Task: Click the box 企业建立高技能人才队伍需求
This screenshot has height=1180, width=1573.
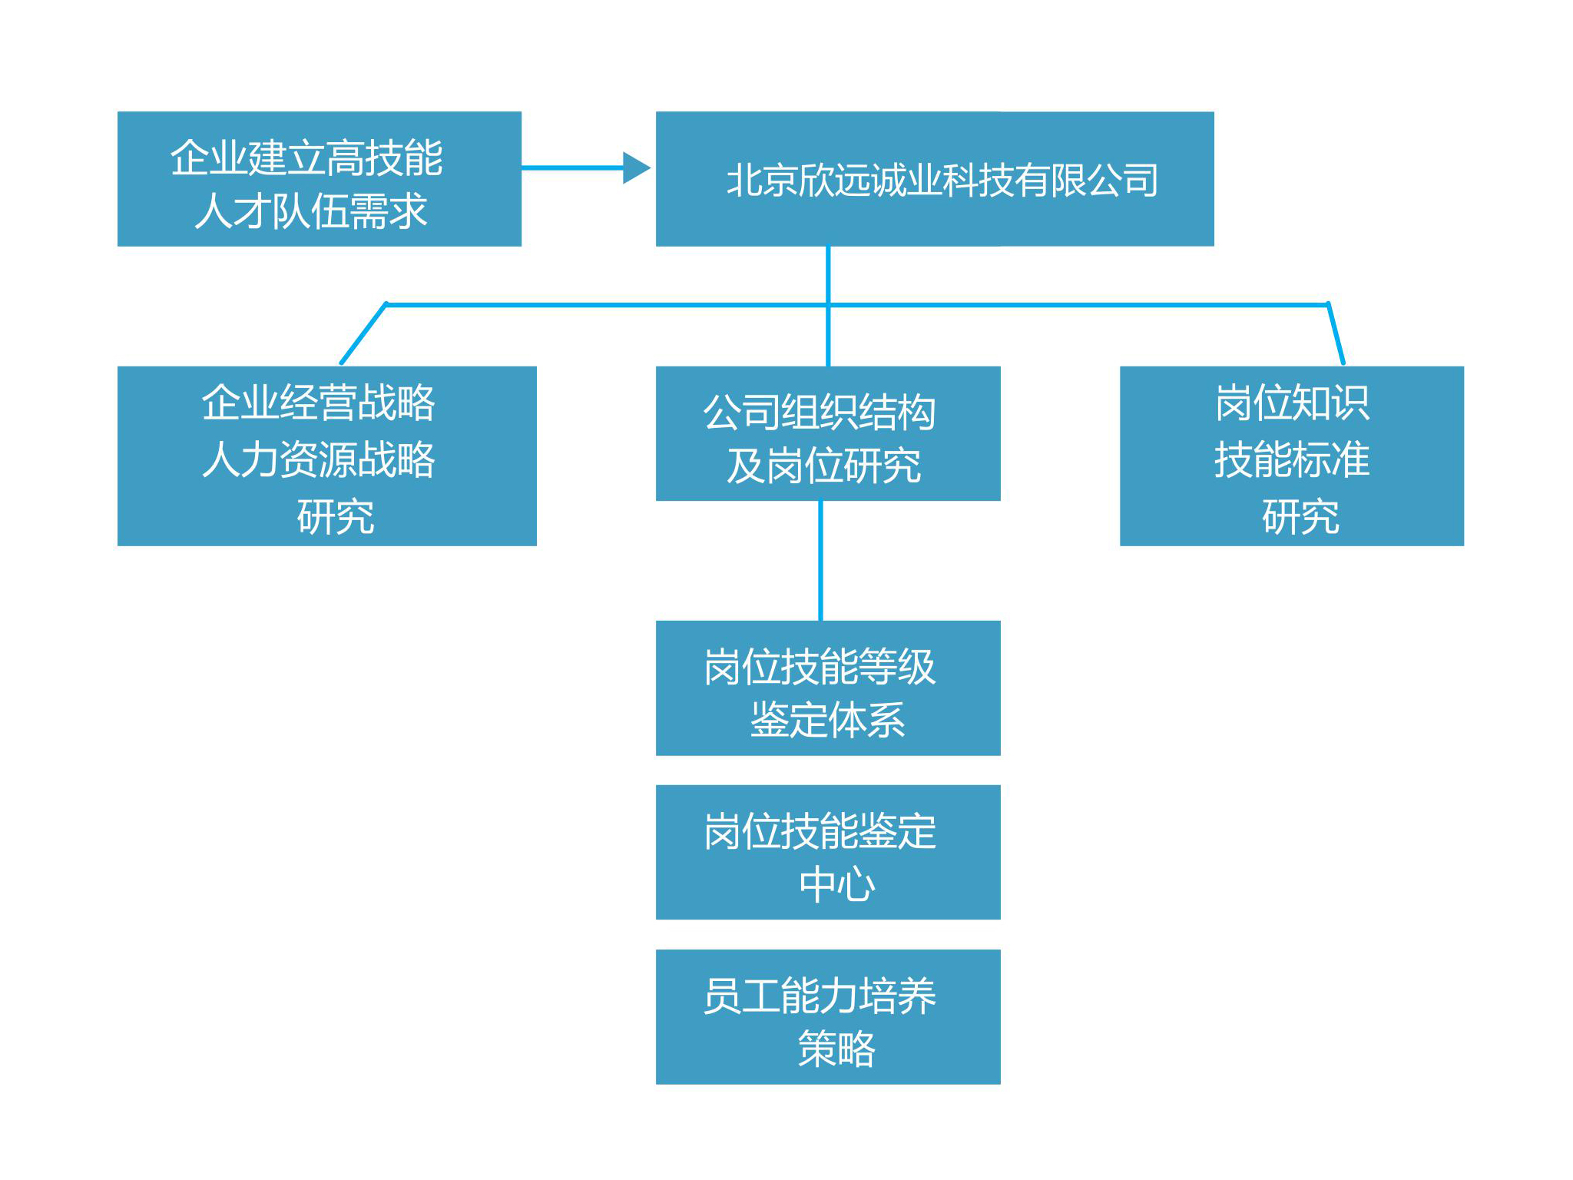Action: tap(320, 179)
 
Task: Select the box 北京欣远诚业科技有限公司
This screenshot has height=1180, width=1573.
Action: tap(935, 179)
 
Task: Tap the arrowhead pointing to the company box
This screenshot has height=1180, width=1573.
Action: tap(637, 167)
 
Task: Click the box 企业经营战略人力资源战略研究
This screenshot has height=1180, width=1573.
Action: tap(327, 456)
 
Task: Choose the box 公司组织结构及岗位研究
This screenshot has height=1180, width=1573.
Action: tap(828, 433)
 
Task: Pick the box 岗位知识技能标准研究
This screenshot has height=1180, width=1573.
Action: tap(1292, 456)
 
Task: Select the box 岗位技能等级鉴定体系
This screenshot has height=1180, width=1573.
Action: tap(828, 688)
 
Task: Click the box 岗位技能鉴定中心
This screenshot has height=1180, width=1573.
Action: tap(828, 852)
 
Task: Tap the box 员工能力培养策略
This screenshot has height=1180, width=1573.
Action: tap(828, 1017)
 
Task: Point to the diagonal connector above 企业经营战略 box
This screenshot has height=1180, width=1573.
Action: tap(363, 333)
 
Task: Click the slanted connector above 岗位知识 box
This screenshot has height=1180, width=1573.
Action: tap(1336, 333)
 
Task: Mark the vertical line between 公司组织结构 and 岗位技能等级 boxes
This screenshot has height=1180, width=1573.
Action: tap(821, 561)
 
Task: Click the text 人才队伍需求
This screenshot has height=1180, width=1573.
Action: tap(311, 211)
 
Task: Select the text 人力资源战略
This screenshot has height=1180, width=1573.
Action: tap(319, 459)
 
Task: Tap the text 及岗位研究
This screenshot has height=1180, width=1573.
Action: tap(824, 466)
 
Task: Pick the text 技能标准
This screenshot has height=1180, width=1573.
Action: tap(1292, 459)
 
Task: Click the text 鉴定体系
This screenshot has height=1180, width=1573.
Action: tap(828, 721)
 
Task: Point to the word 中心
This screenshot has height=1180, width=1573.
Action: tap(836, 884)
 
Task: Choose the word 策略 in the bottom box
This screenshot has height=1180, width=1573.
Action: tap(836, 1049)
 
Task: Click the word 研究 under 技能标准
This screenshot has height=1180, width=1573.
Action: tap(1300, 516)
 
